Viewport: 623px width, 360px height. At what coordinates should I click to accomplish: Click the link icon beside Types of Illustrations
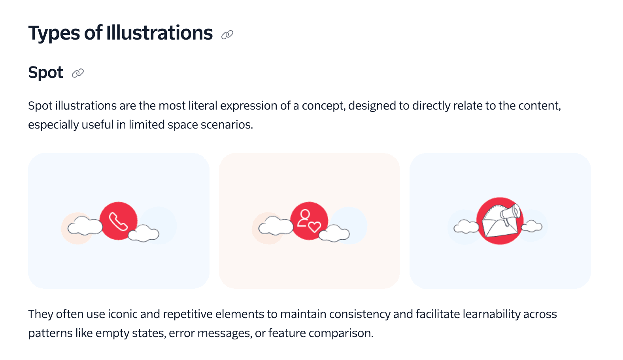click(x=227, y=35)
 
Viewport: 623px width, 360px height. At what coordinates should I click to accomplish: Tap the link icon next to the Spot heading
click(x=78, y=73)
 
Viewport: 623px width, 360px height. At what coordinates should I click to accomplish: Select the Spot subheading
click(x=45, y=73)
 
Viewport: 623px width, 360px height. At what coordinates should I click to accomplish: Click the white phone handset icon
click(x=118, y=221)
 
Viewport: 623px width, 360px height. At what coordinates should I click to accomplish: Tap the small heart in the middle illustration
click(x=315, y=227)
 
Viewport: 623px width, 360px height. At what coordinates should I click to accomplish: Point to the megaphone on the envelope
click(x=511, y=214)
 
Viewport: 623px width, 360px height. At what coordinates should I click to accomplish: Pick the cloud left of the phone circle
click(x=85, y=226)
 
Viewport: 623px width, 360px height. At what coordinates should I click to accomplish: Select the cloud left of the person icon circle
click(x=276, y=226)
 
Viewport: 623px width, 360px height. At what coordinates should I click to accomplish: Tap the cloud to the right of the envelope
click(x=532, y=226)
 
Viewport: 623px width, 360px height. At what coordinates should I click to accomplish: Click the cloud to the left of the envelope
click(x=466, y=227)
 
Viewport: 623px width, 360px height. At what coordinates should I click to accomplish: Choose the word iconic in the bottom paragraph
click(x=123, y=314)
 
